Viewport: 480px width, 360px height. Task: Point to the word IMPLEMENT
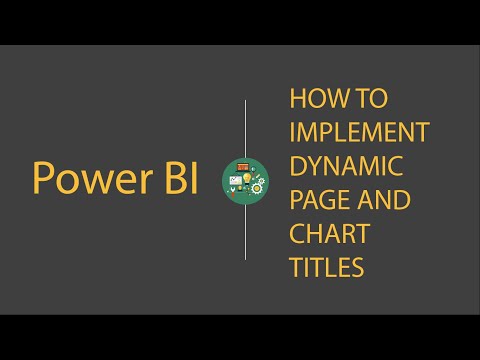(359, 133)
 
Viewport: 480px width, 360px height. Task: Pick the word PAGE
(314, 201)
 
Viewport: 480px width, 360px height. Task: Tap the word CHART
(329, 235)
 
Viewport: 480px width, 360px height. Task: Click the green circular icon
(246, 179)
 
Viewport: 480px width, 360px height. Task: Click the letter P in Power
(43, 178)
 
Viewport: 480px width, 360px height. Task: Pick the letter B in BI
(166, 178)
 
